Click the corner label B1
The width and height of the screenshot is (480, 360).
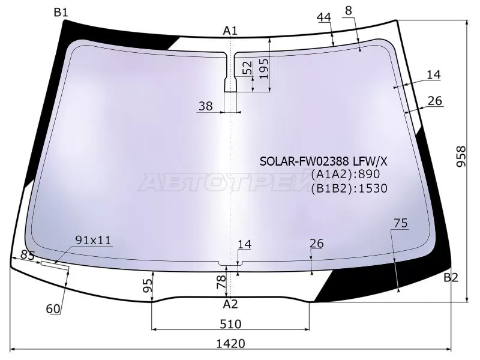(61, 12)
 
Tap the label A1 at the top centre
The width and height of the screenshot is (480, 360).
(230, 31)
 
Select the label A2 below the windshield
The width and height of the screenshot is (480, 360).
(230, 304)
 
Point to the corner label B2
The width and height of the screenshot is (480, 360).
(451, 277)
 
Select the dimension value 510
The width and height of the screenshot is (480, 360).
(230, 324)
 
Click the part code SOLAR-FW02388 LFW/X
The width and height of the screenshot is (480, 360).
(323, 162)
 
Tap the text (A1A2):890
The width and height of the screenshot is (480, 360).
(345, 175)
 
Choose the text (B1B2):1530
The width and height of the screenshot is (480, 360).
(349, 188)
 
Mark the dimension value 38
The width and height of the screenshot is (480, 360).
(205, 106)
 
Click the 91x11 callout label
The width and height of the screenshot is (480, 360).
(93, 240)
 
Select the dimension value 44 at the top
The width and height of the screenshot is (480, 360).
(324, 17)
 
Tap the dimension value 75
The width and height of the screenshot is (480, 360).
(401, 223)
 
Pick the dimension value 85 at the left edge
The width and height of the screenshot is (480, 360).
(27, 254)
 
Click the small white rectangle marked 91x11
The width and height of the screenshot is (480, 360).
(55, 263)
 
